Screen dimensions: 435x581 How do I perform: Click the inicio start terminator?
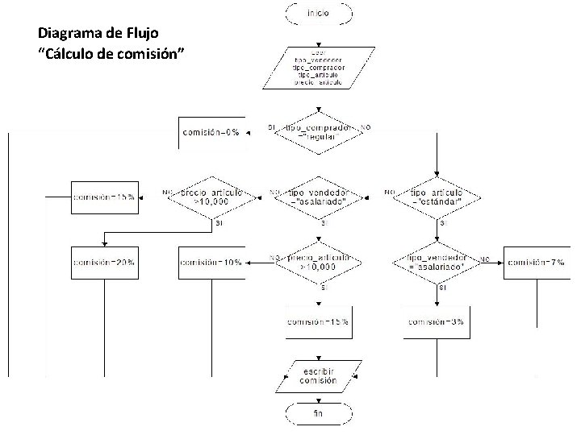[x=318, y=13]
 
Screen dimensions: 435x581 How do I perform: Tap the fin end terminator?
[x=318, y=414]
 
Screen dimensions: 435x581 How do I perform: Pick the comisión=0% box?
[x=211, y=132]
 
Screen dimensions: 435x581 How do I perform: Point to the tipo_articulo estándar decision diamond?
[x=437, y=197]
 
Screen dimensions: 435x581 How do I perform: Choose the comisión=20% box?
[x=104, y=263]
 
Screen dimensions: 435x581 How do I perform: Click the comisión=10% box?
[x=211, y=263]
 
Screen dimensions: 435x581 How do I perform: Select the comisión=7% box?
[x=537, y=263]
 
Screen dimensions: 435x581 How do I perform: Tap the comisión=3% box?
[x=437, y=322]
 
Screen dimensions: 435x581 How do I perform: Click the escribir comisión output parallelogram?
[x=318, y=375]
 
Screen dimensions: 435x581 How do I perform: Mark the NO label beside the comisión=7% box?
[x=485, y=259]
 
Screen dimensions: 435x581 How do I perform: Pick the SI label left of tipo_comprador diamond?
[x=272, y=127]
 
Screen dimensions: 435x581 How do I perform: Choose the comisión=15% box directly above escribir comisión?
[x=318, y=322]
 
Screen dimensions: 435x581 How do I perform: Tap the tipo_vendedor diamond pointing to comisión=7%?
[x=437, y=263]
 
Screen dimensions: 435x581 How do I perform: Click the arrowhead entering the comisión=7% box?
[x=502, y=263]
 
